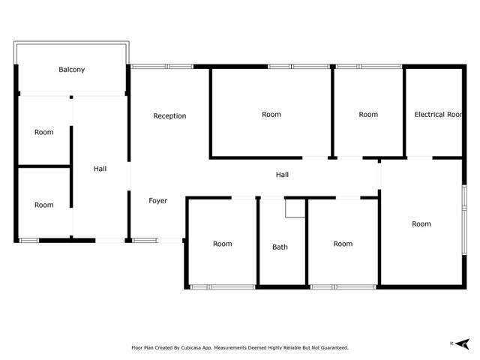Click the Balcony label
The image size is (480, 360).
72,70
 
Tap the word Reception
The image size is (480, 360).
169,115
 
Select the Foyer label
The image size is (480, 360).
157,200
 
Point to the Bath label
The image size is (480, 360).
280,247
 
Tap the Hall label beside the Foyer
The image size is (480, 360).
100,169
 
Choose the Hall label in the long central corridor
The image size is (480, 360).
282,175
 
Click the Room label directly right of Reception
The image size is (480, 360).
271,115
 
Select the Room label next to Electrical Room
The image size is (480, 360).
368,115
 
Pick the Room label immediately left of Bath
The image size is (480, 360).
222,244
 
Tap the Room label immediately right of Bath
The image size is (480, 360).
343,244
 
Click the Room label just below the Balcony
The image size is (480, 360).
44,133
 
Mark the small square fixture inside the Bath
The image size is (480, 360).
295,208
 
